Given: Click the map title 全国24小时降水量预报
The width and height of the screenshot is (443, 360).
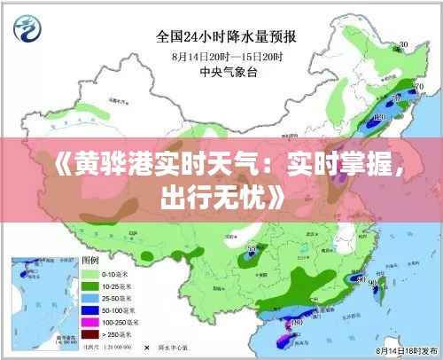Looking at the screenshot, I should point(227,36).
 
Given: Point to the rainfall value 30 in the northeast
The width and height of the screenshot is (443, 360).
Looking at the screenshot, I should point(403,44).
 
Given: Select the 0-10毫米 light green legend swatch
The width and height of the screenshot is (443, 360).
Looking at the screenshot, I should point(90,275).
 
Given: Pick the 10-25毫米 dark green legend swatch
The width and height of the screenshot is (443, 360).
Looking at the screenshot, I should point(90,287).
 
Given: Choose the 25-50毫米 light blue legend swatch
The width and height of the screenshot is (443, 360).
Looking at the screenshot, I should point(90,300).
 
